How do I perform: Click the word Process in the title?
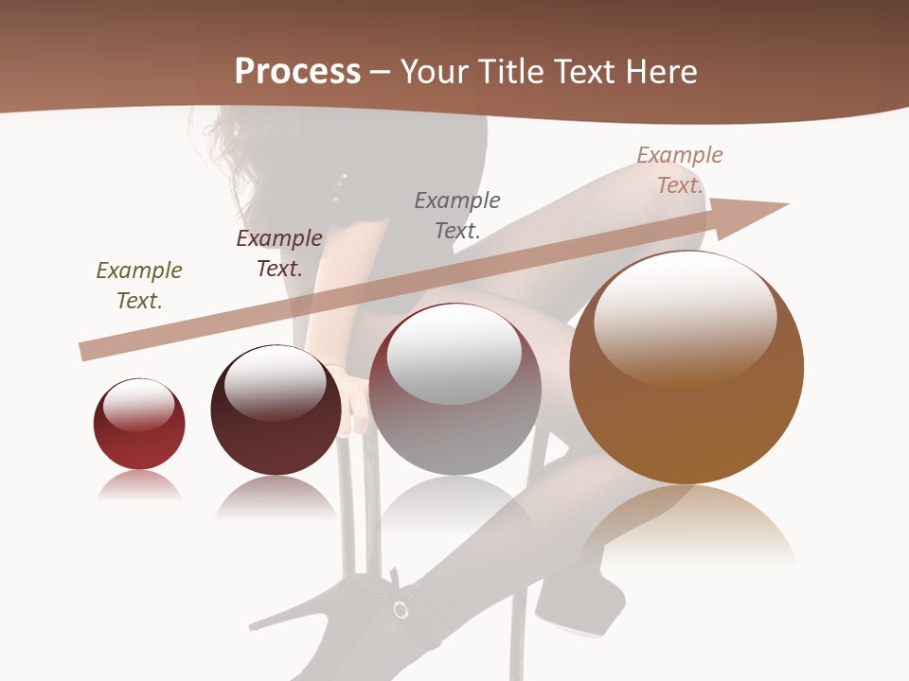point(297,72)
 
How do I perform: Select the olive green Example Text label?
point(139,286)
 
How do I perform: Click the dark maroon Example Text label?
point(279,253)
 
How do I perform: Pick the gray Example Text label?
point(457,215)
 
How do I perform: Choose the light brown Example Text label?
point(680,170)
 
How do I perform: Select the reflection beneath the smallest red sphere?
point(139,487)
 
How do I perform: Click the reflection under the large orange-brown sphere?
point(688,525)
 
